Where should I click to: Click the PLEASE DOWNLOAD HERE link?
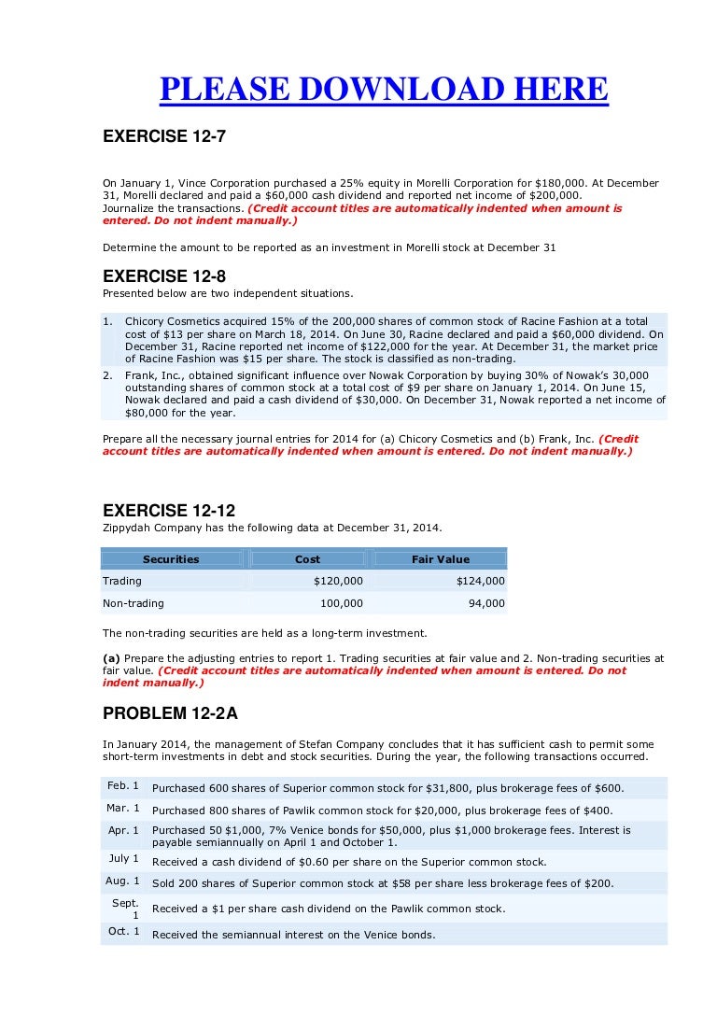[x=384, y=90]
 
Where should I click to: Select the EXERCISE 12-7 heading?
[x=163, y=136]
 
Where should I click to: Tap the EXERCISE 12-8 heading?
[x=163, y=276]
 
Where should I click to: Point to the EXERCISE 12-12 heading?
[x=168, y=511]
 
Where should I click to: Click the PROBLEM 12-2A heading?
[x=170, y=713]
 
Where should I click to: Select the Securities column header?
[x=171, y=559]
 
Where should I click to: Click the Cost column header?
[x=307, y=559]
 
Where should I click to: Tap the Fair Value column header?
[x=440, y=559]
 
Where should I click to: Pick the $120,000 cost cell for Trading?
[x=338, y=581]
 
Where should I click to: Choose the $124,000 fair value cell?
[x=480, y=581]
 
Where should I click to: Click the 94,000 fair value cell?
[x=485, y=603]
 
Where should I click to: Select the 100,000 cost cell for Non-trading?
[x=341, y=603]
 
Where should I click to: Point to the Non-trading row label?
[x=133, y=603]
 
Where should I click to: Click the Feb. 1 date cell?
[x=123, y=785]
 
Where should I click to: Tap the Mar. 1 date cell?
[x=123, y=808]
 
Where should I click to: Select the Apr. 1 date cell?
[x=123, y=830]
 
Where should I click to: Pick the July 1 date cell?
[x=123, y=858]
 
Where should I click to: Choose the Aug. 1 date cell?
[x=123, y=881]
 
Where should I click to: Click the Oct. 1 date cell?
[x=123, y=931]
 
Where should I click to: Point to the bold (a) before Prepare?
[x=111, y=658]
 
